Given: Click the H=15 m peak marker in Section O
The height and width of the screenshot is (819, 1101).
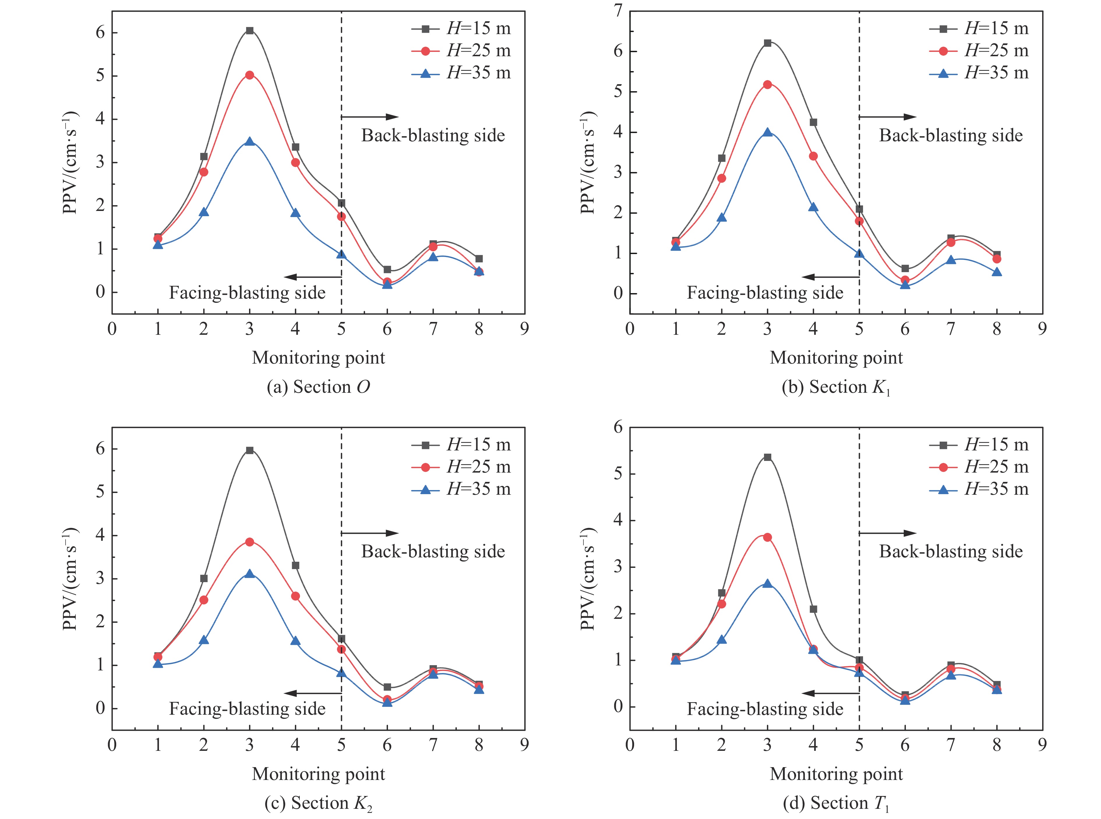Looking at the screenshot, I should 250,31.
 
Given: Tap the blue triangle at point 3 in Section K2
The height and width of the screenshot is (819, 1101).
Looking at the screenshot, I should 250,574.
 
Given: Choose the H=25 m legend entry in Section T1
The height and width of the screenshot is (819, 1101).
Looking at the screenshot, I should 979,467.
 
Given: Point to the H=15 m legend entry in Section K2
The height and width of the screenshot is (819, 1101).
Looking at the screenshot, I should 461,445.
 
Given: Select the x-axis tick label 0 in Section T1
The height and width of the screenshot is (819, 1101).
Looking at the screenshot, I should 630,745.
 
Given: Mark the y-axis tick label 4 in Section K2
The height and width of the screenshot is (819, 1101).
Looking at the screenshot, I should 100,536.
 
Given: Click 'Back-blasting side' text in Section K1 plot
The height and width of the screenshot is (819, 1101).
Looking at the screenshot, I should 950,136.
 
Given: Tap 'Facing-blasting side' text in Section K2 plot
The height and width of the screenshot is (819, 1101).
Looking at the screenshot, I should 247,709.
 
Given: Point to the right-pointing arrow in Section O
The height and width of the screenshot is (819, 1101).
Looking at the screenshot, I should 370,117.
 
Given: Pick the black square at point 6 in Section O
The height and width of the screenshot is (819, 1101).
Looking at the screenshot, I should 387,270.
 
